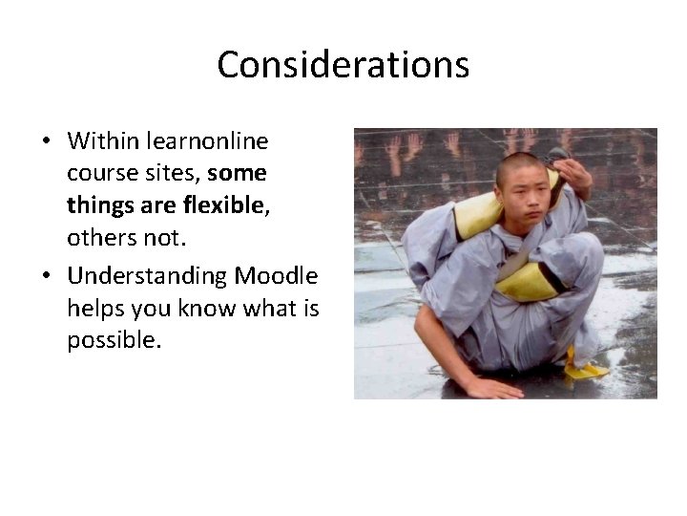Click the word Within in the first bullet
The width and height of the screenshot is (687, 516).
point(102,141)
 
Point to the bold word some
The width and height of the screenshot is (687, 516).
point(237,173)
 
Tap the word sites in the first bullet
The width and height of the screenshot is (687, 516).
point(172,174)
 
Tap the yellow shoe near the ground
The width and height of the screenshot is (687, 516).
point(584,367)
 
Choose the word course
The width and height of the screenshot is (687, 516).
point(100,174)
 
